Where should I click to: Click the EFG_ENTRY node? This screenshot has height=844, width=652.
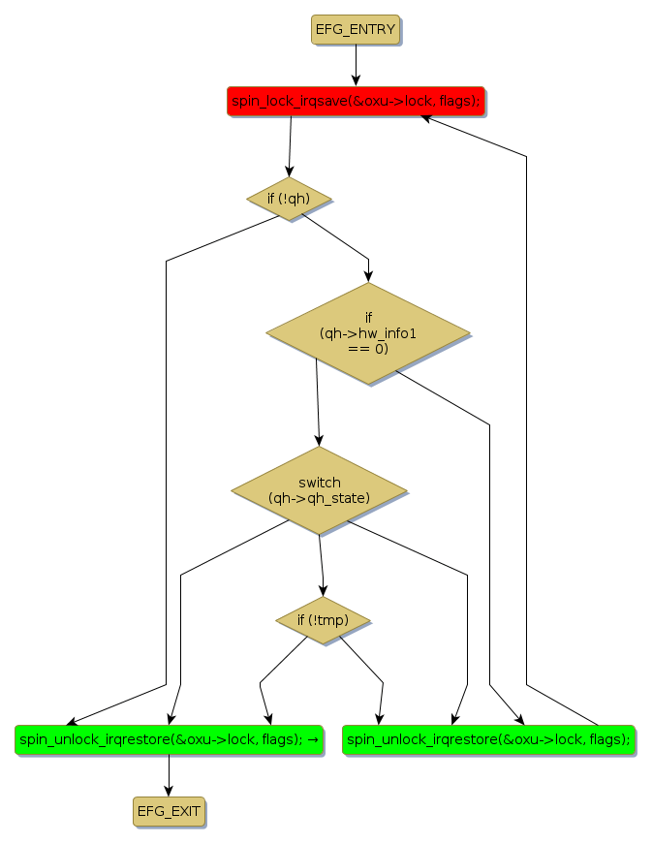click(356, 29)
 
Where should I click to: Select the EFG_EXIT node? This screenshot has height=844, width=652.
click(170, 810)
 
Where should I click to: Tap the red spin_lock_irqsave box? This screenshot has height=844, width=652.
click(356, 101)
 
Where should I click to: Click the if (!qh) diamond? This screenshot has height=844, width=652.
click(289, 199)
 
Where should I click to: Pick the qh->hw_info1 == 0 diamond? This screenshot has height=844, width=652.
click(368, 332)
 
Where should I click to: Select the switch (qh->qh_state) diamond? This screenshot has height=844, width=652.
click(319, 489)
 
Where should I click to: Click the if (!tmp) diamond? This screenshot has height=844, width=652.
click(323, 620)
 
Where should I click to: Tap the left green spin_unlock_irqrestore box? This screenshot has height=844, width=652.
click(169, 738)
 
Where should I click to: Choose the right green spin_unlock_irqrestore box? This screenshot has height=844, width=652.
click(488, 738)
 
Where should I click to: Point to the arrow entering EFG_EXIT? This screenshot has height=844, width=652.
click(170, 775)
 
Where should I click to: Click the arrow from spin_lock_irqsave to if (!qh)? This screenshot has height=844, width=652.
click(290, 145)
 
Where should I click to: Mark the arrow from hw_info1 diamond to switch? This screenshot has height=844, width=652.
click(317, 402)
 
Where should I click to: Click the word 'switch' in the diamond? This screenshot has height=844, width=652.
click(320, 482)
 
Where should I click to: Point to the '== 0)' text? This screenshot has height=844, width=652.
click(367, 348)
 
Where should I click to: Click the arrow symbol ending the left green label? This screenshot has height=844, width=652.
click(314, 739)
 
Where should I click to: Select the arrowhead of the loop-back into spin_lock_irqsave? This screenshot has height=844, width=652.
click(427, 118)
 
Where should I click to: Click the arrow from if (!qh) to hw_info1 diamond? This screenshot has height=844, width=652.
click(339, 238)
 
